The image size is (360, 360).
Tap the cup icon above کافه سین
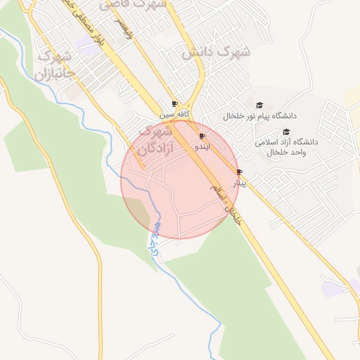[174, 104]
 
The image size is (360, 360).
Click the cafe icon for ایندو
[202, 136]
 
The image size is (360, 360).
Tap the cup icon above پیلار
[240, 172]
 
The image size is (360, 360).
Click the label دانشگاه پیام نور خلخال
[260, 115]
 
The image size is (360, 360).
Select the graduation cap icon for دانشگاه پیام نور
[259, 105]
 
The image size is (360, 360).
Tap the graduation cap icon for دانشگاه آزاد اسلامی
[285, 131]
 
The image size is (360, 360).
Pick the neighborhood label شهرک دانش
[216, 51]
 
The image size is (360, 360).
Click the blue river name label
[153, 236]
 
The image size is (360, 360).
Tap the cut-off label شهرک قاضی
[133, 4]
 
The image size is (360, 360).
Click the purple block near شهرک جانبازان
[89, 44]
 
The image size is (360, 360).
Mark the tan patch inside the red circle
[141, 212]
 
